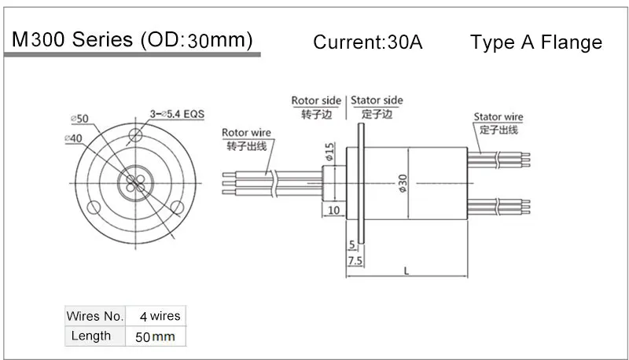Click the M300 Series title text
click(x=130, y=40)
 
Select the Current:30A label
click(x=368, y=42)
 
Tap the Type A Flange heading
click(x=536, y=42)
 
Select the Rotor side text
click(x=317, y=101)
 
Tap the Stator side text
click(x=377, y=101)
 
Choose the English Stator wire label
click(x=498, y=117)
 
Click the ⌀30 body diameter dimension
click(x=403, y=184)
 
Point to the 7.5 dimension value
click(x=354, y=259)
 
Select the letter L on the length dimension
click(x=406, y=270)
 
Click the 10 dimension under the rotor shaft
click(x=333, y=210)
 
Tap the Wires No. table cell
click(x=95, y=316)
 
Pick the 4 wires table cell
click(x=160, y=316)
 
